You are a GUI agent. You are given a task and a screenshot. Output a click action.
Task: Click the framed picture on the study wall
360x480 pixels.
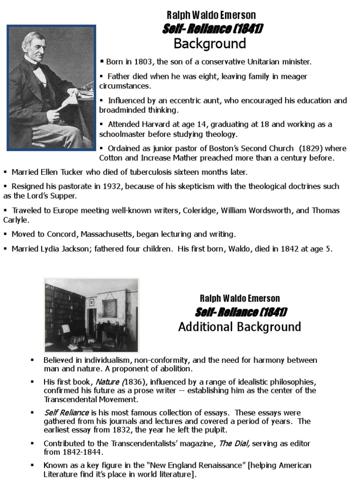click(110, 308)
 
